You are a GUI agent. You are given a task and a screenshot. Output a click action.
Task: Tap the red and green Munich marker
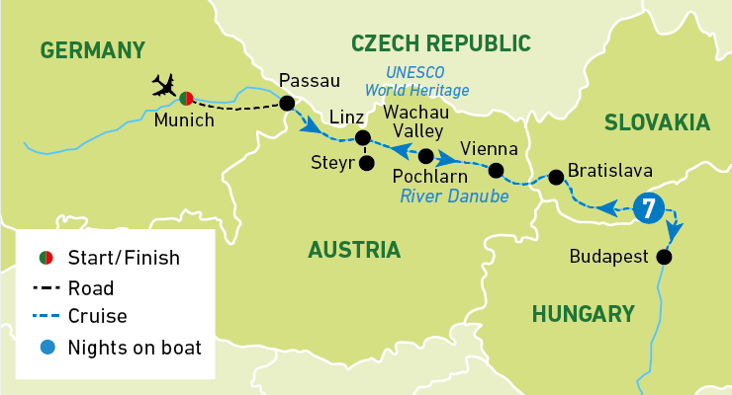click(x=186, y=97)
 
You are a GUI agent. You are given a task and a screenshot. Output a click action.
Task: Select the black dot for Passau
click(x=287, y=104)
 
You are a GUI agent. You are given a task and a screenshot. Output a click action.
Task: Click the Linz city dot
click(x=362, y=138)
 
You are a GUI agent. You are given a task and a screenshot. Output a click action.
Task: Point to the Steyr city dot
click(x=367, y=163)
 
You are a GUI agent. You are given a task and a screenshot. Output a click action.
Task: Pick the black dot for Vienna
click(x=497, y=171)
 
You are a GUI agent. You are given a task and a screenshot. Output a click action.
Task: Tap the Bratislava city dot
click(x=556, y=177)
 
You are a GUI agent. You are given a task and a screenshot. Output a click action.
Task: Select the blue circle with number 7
click(x=647, y=207)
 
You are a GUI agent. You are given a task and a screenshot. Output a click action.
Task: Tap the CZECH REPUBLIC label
click(x=441, y=42)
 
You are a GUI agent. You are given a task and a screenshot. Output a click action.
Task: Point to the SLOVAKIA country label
click(x=658, y=122)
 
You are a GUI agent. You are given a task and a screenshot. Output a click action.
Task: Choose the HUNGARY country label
click(x=583, y=314)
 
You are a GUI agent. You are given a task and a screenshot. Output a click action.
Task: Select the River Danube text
click(x=454, y=197)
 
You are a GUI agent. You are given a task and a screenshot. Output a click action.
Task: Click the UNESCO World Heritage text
click(x=427, y=81)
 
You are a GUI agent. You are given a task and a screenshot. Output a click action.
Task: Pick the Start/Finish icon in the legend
click(x=46, y=259)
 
